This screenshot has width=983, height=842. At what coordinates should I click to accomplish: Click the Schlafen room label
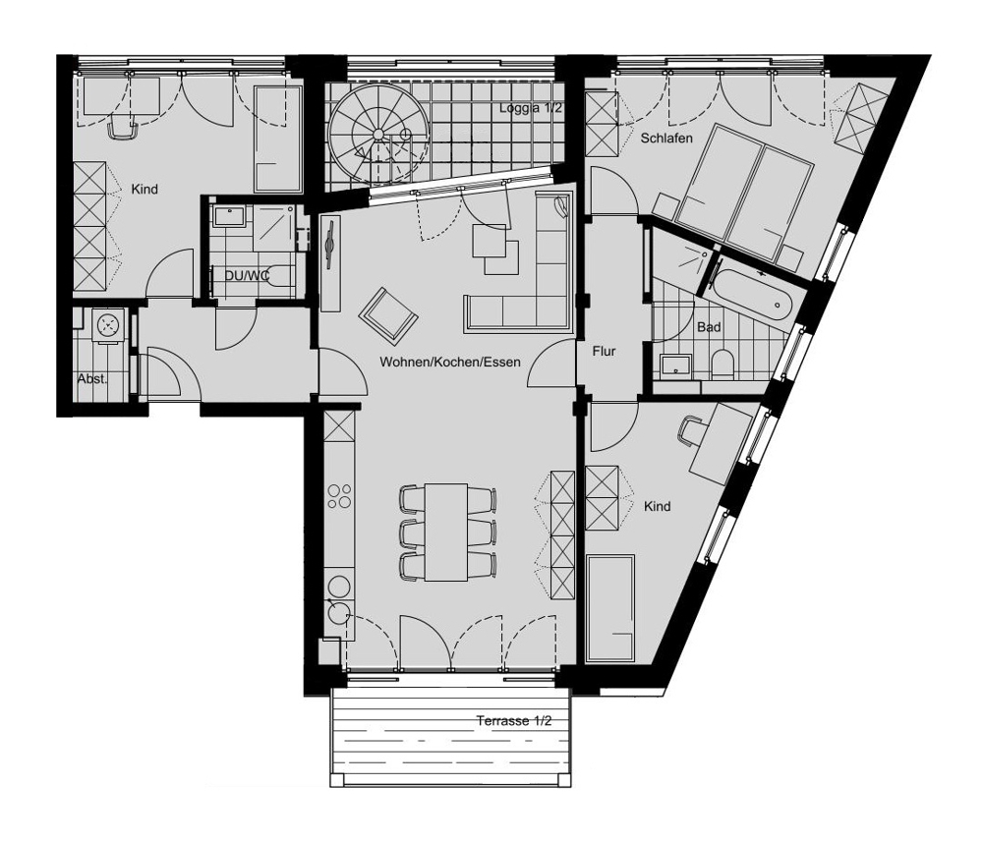[x=666, y=138]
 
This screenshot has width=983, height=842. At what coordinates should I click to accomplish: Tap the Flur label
[x=604, y=352]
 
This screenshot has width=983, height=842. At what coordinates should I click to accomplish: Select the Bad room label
[x=709, y=327]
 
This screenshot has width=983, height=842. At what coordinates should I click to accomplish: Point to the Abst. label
[x=92, y=379]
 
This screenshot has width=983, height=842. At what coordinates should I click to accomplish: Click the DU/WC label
[x=247, y=274]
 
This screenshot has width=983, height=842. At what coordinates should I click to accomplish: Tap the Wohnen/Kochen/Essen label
[x=450, y=362]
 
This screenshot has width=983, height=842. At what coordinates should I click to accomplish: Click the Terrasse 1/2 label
[x=514, y=720]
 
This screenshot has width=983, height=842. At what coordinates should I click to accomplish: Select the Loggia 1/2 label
[x=531, y=108]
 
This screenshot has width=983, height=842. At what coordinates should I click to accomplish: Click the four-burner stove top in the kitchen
[x=339, y=496]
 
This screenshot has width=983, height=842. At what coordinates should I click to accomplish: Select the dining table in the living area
[x=445, y=532]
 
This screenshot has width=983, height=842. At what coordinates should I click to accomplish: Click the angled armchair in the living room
[x=388, y=316]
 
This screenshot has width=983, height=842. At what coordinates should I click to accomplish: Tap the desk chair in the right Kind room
[x=690, y=431]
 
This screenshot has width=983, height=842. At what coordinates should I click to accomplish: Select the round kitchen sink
[x=340, y=612]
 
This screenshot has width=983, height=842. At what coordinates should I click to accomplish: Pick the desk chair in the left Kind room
[x=123, y=127]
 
